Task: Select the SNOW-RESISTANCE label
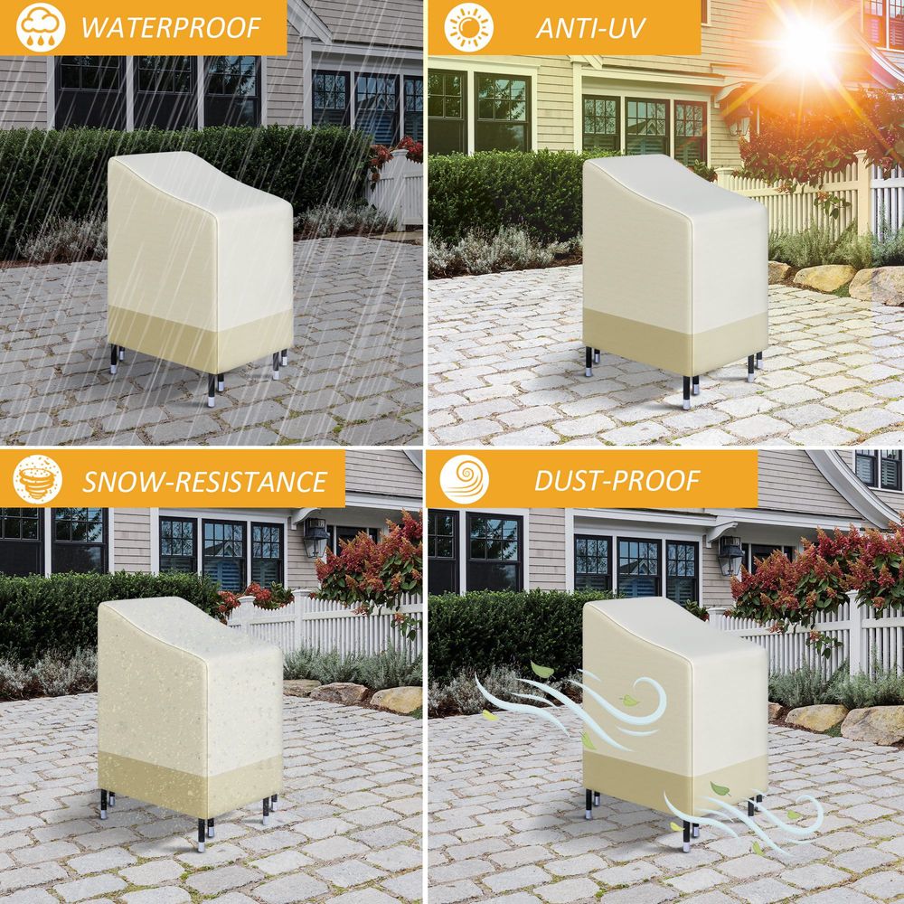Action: coord(204,481)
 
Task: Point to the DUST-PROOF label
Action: coord(617,481)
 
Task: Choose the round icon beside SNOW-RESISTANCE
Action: coord(37,479)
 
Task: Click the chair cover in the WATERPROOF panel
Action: coord(199,262)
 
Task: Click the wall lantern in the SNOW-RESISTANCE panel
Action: coord(315,537)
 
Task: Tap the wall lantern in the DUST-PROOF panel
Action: coord(730,553)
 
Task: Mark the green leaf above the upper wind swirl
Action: coord(541,670)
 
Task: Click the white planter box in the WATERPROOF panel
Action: coord(396,185)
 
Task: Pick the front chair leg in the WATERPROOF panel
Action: coord(212,390)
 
